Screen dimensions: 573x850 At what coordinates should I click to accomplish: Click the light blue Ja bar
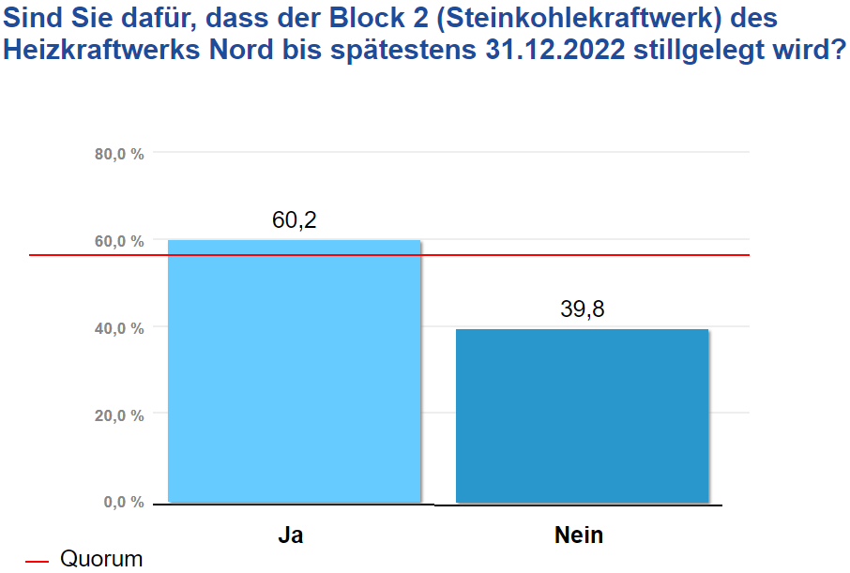294,375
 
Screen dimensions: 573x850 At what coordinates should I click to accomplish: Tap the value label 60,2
295,220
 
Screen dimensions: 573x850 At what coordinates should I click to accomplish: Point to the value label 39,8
583,309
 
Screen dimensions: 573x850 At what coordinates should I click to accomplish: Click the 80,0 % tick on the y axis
119,155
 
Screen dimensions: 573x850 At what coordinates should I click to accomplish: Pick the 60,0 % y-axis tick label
119,241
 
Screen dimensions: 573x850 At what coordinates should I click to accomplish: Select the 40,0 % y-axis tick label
119,328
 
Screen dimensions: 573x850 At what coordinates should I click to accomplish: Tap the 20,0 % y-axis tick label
119,415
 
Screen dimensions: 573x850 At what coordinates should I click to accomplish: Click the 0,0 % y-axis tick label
123,503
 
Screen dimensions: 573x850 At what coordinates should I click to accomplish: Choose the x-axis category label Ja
291,536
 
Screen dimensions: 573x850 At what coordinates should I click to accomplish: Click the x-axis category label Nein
579,536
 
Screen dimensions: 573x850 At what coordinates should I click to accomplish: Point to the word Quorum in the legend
101,560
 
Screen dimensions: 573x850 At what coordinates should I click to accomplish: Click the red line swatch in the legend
37,561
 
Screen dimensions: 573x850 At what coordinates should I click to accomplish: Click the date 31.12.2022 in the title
554,50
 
